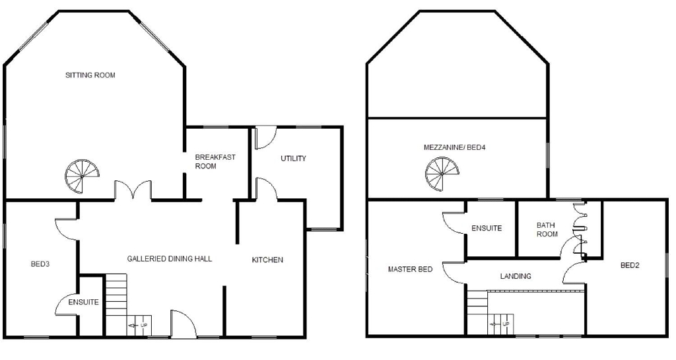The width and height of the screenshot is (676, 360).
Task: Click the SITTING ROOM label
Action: [x=90, y=75]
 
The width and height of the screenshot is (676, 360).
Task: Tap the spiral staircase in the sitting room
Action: [x=82, y=174]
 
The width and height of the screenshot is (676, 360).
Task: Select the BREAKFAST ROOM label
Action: [x=215, y=162]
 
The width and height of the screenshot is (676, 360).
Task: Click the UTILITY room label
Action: [x=293, y=159]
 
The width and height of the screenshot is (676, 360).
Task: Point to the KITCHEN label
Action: [x=267, y=260]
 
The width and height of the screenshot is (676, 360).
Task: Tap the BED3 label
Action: [x=40, y=264]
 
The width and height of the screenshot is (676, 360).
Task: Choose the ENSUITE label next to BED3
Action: [x=84, y=303]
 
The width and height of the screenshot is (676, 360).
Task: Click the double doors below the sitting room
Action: [x=134, y=190]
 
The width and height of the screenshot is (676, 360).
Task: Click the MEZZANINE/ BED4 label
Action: [x=455, y=147]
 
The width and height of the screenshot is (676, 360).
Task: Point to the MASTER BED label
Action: [x=410, y=270]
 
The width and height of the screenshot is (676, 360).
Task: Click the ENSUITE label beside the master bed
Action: [x=487, y=229]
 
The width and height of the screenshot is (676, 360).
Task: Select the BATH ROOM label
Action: [x=547, y=229]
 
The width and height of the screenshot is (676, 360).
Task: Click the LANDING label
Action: [x=516, y=276]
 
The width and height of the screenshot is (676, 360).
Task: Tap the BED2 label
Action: [x=630, y=266]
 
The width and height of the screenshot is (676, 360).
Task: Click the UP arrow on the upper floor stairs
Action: [x=500, y=324]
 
